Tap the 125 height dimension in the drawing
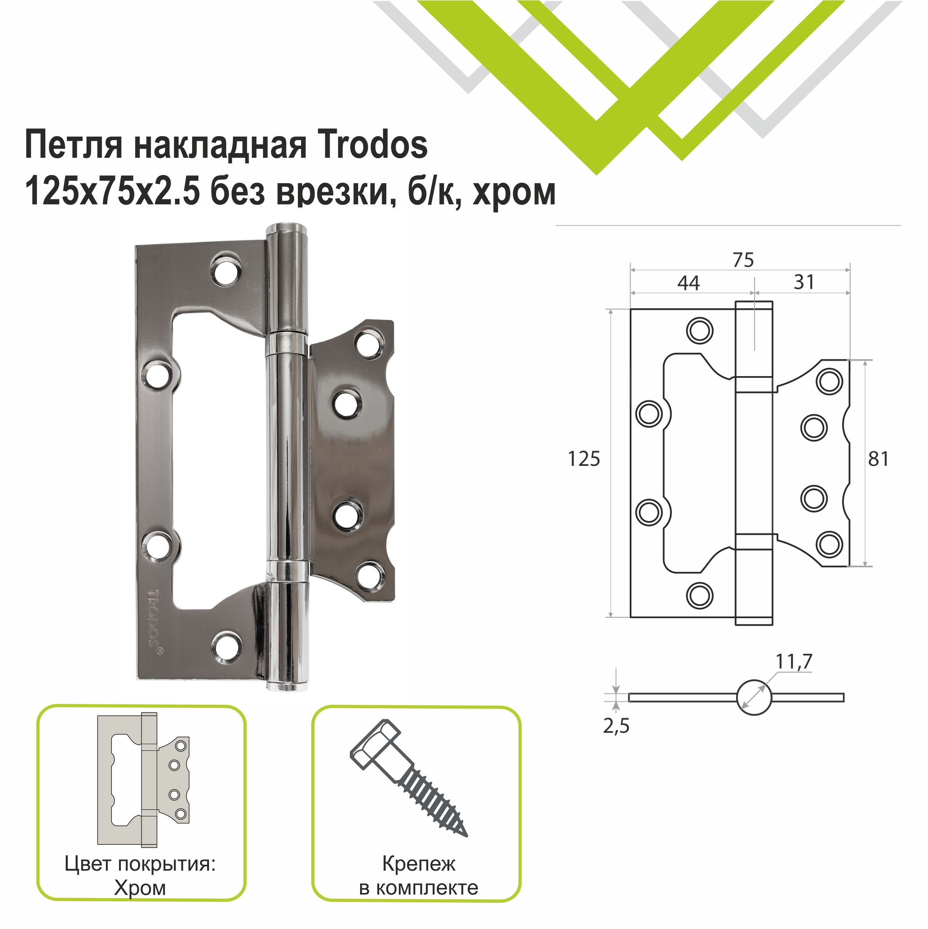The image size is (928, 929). (584, 459)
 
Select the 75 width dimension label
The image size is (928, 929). (743, 260)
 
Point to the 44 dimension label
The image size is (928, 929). (688, 283)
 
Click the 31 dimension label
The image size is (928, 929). (804, 282)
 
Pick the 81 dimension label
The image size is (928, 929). (878, 459)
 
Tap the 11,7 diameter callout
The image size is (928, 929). (793, 662)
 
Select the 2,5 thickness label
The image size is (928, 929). (616, 726)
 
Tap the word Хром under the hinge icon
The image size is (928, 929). (140, 888)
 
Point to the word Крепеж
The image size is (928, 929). (418, 864)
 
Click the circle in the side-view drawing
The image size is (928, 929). (753, 697)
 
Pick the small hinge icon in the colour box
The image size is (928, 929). (143, 779)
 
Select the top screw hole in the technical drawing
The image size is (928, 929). (699, 330)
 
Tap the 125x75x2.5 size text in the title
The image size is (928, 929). (112, 191)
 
